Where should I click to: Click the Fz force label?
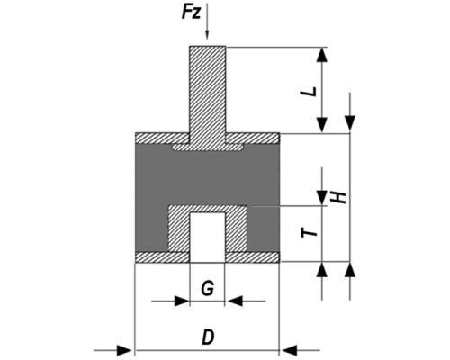191,13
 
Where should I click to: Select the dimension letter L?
310,92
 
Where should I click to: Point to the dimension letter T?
310,232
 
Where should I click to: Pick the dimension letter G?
208,289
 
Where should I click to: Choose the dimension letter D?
208,337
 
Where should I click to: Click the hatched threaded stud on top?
207,93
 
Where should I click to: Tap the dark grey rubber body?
207,177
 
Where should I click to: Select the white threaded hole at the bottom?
207,237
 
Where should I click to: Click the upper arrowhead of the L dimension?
322,55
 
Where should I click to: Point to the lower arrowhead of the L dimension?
322,125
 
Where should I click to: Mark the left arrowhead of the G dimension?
182,301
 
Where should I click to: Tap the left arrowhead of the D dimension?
124,350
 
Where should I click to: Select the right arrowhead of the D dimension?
289,350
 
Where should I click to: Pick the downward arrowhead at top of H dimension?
350,123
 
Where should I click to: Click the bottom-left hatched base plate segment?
162,257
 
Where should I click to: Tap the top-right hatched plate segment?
253,138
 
